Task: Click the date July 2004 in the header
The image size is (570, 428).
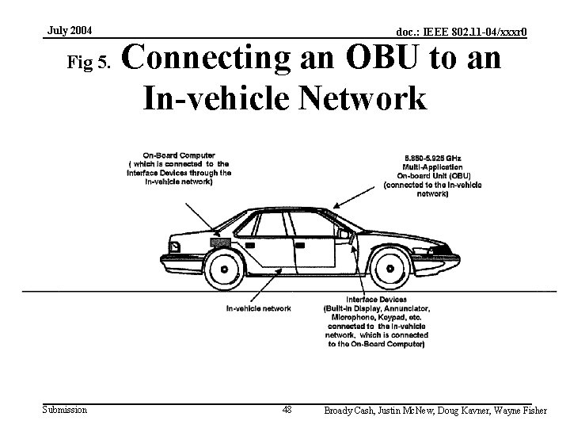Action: tap(70, 31)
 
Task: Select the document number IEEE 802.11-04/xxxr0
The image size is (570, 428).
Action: tap(462, 32)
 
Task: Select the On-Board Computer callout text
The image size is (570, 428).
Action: tap(179, 169)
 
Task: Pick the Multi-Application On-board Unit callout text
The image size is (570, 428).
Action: tap(432, 175)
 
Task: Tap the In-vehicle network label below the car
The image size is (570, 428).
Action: tap(258, 308)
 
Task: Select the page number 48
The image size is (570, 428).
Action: tap(287, 410)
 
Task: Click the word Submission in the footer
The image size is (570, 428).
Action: tap(65, 410)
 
